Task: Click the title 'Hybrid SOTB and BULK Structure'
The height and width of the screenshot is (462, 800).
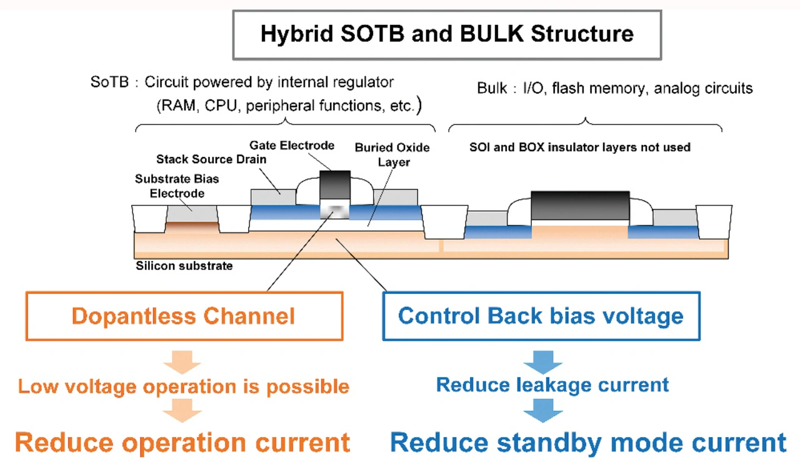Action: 447,34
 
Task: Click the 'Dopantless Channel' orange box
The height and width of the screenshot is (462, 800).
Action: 184,316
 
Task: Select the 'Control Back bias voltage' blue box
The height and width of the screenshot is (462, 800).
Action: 541,316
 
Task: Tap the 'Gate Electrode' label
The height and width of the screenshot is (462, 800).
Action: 292,146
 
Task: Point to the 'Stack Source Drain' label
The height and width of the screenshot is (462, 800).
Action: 211,159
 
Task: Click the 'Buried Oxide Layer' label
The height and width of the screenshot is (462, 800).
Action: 392,155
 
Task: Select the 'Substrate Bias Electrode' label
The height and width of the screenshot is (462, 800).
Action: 177,186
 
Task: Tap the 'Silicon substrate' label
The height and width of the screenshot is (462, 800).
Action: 184,266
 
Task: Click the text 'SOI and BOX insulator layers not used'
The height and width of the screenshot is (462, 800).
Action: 580,148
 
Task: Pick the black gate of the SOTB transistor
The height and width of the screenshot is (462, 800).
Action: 334,184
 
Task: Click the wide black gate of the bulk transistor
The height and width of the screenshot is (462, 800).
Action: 579,205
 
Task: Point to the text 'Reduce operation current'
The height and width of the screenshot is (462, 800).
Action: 182,443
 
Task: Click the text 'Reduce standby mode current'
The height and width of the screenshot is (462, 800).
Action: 588,443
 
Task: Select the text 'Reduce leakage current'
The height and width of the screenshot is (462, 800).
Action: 552,384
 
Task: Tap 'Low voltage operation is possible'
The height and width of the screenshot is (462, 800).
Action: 184,386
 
